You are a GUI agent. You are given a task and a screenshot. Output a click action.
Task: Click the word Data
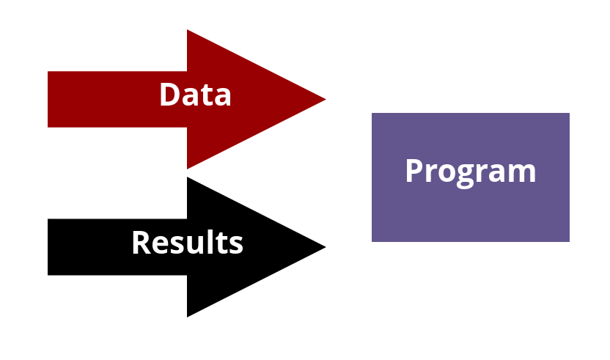tap(195, 94)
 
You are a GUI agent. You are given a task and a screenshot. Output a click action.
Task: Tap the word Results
tap(188, 242)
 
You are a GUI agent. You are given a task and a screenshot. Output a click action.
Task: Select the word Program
tap(471, 172)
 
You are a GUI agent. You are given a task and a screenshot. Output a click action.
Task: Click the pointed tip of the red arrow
tap(326, 99)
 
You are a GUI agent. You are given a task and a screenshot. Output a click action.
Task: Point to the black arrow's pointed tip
tap(326, 247)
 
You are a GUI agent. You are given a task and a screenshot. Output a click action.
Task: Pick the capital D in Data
tap(170, 94)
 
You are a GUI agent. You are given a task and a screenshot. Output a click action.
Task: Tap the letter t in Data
tap(209, 96)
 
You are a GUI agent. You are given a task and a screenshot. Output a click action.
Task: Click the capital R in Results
tap(142, 243)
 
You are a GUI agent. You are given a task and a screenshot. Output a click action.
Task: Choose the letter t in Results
tap(220, 243)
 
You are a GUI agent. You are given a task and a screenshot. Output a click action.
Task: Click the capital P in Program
tap(414, 170)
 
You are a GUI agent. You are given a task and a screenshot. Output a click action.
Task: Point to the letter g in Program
tap(465, 176)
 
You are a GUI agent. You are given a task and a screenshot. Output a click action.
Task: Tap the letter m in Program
tap(523, 173)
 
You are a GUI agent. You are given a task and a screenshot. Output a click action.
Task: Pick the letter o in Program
tap(444, 173)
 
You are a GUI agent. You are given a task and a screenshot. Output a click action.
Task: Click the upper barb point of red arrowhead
tap(187, 29)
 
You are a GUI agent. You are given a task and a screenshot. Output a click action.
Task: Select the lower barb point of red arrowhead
tap(187, 169)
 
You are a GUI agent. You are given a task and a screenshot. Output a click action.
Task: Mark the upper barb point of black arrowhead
tap(187, 177)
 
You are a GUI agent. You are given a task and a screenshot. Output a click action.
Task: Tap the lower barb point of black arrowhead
tap(187, 317)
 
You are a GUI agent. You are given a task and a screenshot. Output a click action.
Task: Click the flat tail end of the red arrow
tap(48, 99)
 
